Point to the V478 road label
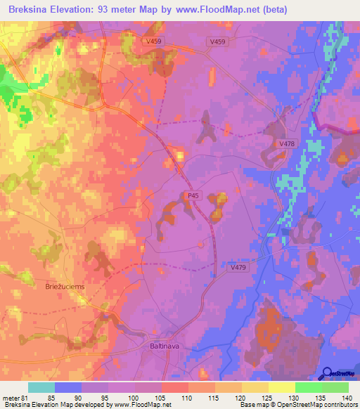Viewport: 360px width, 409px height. (x=287, y=144)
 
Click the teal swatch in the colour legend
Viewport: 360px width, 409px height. (x=41, y=387)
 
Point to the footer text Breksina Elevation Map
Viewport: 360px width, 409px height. (x=35, y=404)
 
